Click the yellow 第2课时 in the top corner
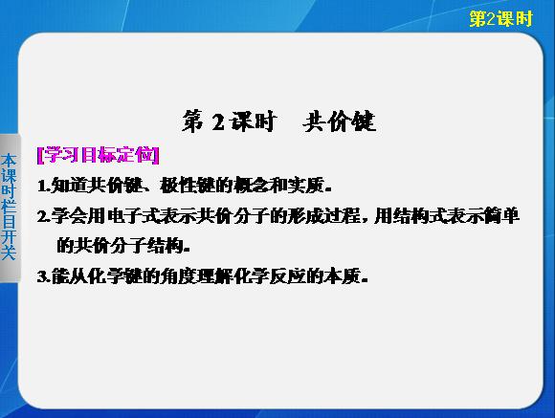pyautogui.click(x=500, y=19)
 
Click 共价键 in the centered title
pyautogui.click(x=339, y=121)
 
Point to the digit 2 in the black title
pyautogui.click(x=218, y=122)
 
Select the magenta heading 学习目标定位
pyautogui.click(x=99, y=155)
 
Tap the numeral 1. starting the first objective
pyautogui.click(x=44, y=187)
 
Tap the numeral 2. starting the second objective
pyautogui.click(x=44, y=216)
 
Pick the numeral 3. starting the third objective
pyautogui.click(x=44, y=276)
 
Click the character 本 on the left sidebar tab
pyautogui.click(x=9, y=161)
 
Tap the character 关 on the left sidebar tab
pyautogui.click(x=9, y=253)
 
